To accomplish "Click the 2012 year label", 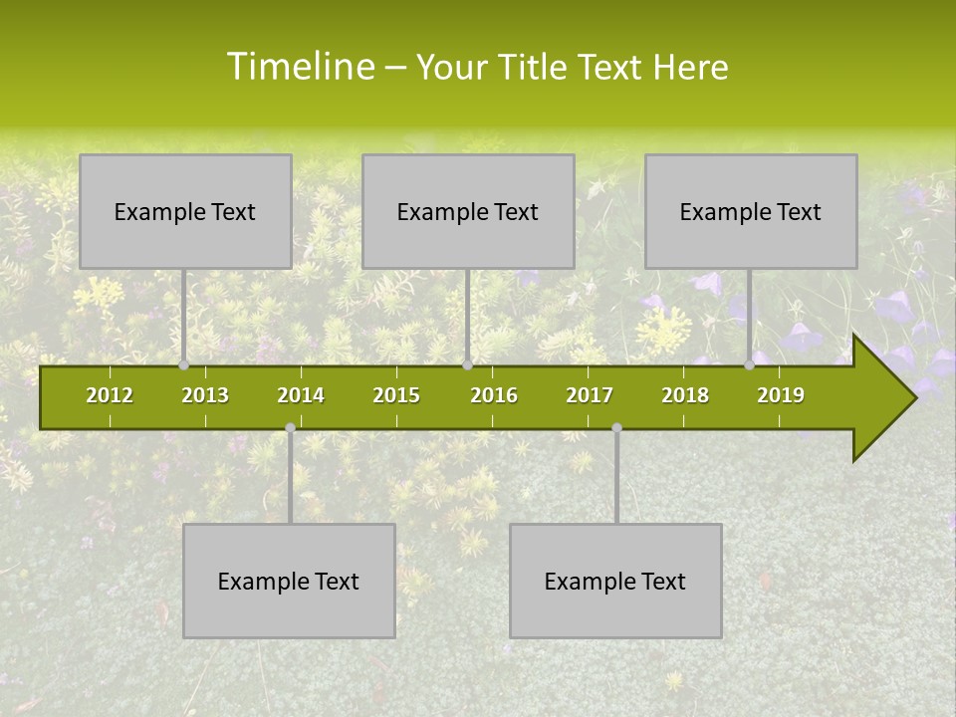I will pyautogui.click(x=110, y=395).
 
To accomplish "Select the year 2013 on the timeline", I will pyautogui.click(x=205, y=395).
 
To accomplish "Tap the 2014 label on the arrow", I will pyautogui.click(x=301, y=395).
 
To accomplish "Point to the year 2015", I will pyautogui.click(x=396, y=395).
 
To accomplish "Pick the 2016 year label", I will pyautogui.click(x=494, y=395).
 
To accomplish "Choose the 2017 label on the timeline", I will pyautogui.click(x=590, y=395).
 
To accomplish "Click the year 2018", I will pyautogui.click(x=685, y=395).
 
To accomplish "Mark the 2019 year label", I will pyautogui.click(x=781, y=395).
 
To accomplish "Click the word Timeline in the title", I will pyautogui.click(x=300, y=67).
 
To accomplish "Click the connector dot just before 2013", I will pyautogui.click(x=183, y=365).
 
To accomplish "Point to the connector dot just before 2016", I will pyautogui.click(x=467, y=365).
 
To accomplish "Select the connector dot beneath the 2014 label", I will pyautogui.click(x=290, y=428).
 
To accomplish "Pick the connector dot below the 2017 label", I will pyautogui.click(x=616, y=428).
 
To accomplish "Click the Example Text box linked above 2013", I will pyautogui.click(x=185, y=211).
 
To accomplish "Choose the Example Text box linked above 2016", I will pyautogui.click(x=468, y=211).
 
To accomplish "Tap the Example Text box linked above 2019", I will pyautogui.click(x=751, y=211).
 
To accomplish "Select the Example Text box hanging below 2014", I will pyautogui.click(x=289, y=581).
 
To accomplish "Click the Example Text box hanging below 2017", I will pyautogui.click(x=615, y=581).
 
